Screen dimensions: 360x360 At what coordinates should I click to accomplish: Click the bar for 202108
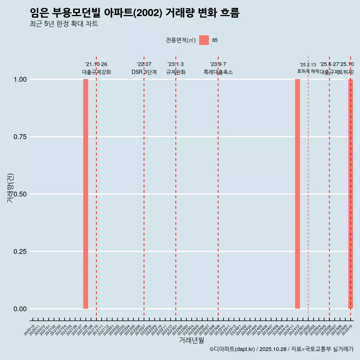tap(85, 194)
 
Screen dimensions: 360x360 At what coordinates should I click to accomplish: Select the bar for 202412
tap(297, 194)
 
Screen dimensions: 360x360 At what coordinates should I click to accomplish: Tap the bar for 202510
tap(351, 194)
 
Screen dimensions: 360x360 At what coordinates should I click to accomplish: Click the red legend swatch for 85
tap(204, 40)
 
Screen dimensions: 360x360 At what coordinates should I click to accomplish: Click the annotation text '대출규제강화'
tap(96, 72)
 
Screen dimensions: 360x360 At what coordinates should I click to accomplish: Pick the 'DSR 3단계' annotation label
tap(144, 72)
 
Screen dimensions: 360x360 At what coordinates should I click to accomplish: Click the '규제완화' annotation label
tap(176, 72)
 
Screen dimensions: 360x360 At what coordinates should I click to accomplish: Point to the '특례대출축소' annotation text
tap(218, 72)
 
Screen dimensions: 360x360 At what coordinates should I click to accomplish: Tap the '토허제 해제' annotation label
tap(308, 71)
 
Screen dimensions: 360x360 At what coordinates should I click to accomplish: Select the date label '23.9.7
tap(218, 64)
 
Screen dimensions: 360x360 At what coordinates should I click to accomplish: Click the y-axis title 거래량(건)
tap(10, 188)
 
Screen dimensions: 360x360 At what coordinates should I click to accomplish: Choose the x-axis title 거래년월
tap(192, 340)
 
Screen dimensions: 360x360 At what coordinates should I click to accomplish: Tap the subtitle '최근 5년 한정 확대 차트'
tap(64, 24)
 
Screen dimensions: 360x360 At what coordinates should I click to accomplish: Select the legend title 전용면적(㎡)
tap(181, 40)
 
